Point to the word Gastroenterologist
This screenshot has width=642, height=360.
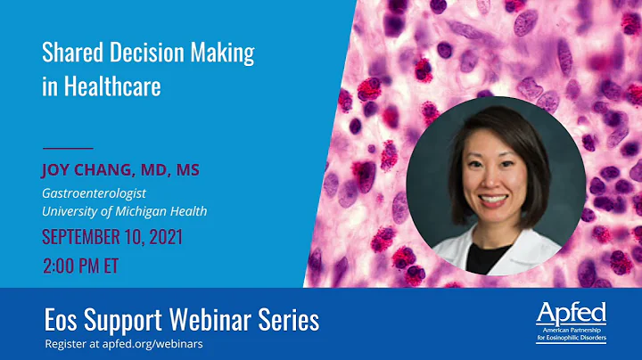coord(94,192)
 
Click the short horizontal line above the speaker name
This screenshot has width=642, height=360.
coord(68,147)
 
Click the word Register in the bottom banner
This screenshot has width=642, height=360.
coord(65,342)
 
